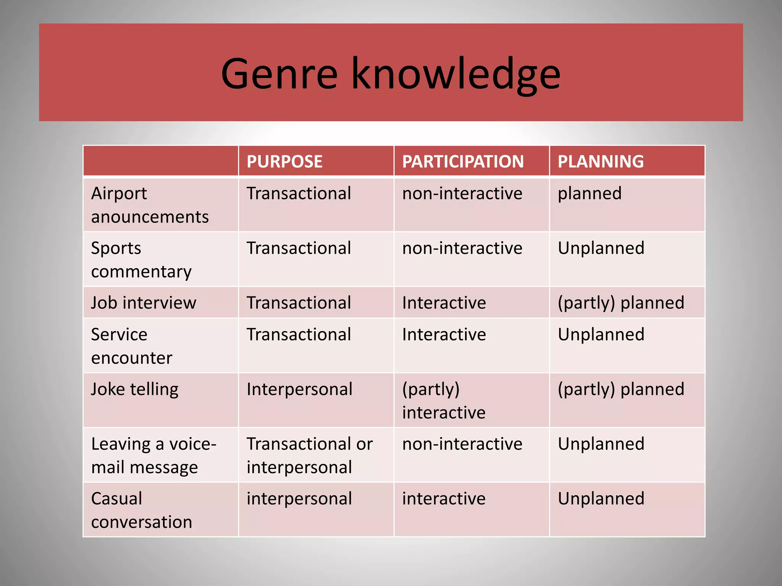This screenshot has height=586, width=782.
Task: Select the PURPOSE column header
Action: [x=284, y=161]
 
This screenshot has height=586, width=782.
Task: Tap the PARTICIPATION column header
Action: [x=463, y=161]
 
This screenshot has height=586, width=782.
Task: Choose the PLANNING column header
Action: [x=601, y=161]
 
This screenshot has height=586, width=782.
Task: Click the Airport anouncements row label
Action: [x=150, y=205]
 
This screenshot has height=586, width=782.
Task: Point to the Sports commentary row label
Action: [x=141, y=259]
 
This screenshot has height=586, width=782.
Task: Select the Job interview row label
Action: [x=144, y=303]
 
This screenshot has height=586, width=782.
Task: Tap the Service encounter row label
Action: [x=132, y=346]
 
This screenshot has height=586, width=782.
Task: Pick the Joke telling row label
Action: [x=135, y=390]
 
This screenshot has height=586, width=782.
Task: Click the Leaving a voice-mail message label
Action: [x=153, y=456]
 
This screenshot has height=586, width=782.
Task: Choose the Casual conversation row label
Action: [x=141, y=510]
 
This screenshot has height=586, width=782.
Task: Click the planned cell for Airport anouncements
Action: [x=590, y=193]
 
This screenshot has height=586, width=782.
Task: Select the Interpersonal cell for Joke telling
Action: [x=299, y=390]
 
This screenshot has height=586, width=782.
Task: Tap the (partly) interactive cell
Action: [x=444, y=401]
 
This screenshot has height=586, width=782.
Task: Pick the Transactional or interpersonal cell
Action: [x=309, y=456]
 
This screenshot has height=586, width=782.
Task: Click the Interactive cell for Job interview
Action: [x=444, y=303]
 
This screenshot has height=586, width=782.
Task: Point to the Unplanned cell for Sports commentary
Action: [x=601, y=248]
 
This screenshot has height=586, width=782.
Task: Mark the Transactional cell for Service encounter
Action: [x=299, y=335]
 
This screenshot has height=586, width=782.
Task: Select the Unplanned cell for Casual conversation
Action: [x=601, y=499]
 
